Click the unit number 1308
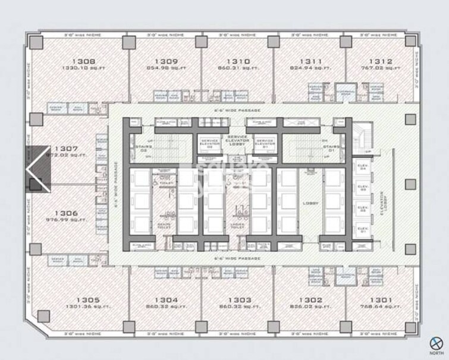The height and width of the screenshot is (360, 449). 86,61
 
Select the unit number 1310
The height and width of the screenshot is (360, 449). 238,61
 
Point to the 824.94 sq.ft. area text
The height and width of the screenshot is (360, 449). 310,68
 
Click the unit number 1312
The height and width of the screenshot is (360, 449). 380,61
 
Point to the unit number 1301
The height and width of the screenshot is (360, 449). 381,300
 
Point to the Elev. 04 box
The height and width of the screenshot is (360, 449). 362,168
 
